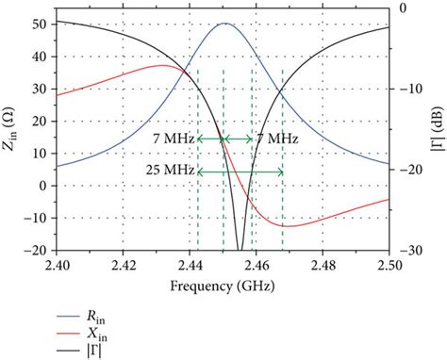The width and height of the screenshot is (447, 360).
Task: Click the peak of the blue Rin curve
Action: coord(223,24)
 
